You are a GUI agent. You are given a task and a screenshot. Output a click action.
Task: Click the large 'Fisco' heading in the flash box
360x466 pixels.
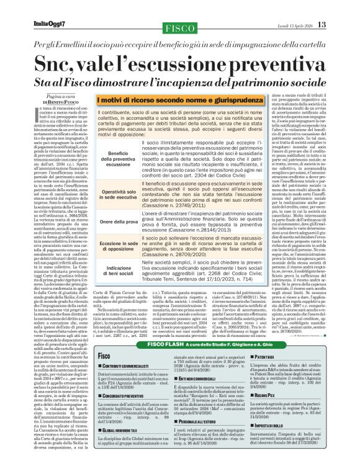(104, 356)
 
